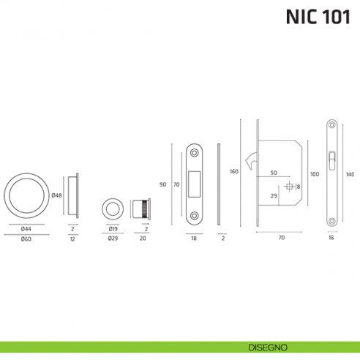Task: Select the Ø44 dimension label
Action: pyautogui.click(x=26, y=229)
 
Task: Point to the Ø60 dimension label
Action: pyautogui.click(x=26, y=239)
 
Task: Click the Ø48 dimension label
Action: pyautogui.click(x=56, y=195)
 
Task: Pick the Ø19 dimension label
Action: pyautogui.click(x=113, y=229)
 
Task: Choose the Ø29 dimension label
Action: pyautogui.click(x=113, y=239)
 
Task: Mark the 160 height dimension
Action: pyautogui.click(x=234, y=172)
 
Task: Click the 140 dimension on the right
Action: pyautogui.click(x=350, y=174)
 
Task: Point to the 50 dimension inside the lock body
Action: pyautogui.click(x=273, y=173)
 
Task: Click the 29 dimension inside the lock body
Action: pyautogui.click(x=273, y=197)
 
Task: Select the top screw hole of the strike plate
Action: pyautogui.click(x=195, y=151)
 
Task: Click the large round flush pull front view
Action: pyautogui.click(x=26, y=195)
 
